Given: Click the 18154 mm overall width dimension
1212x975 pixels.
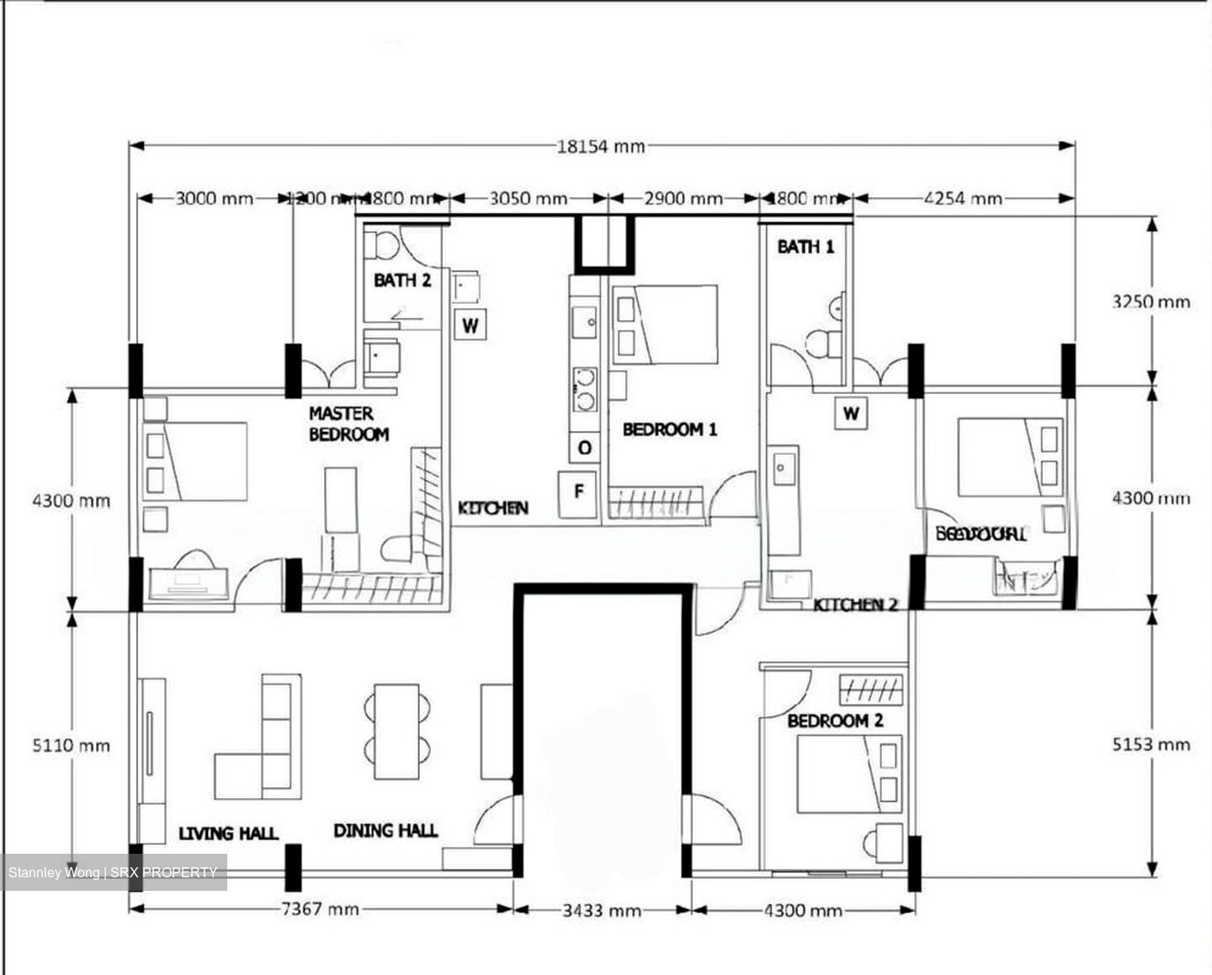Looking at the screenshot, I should (600, 147).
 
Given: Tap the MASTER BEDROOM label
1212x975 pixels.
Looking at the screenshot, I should (348, 424).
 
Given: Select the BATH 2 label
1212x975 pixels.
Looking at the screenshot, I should (402, 280).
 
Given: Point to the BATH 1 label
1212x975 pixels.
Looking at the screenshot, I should (805, 247).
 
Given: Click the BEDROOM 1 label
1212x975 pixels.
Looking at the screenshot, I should (670, 429).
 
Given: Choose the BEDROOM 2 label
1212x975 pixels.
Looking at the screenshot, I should (835, 721).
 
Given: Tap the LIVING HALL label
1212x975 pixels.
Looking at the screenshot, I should (228, 834).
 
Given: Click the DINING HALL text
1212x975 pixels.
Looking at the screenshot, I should (385, 831).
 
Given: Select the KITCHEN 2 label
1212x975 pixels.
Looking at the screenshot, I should (855, 605).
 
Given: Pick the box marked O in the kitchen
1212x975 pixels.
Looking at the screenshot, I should (584, 448).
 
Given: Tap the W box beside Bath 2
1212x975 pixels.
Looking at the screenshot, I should (470, 324).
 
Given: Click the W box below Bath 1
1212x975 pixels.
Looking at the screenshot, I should (851, 413).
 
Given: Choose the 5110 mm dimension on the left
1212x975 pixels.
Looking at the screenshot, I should (72, 745).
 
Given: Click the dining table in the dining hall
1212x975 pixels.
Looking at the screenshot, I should (396, 732).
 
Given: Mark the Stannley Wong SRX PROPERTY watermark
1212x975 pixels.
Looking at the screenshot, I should (113, 872).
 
